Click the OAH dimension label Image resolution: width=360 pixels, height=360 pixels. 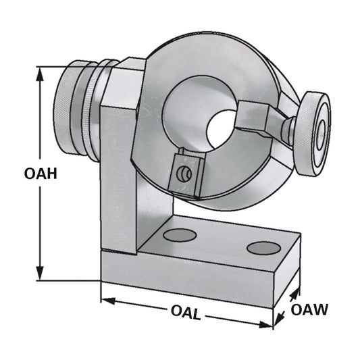tap(40, 174)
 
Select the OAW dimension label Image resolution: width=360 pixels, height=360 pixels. tap(309, 310)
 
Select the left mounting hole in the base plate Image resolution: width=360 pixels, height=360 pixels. tap(180, 235)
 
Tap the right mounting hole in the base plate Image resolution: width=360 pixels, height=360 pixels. tap(263, 247)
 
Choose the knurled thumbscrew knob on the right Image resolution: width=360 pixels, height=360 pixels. tap(314, 134)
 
